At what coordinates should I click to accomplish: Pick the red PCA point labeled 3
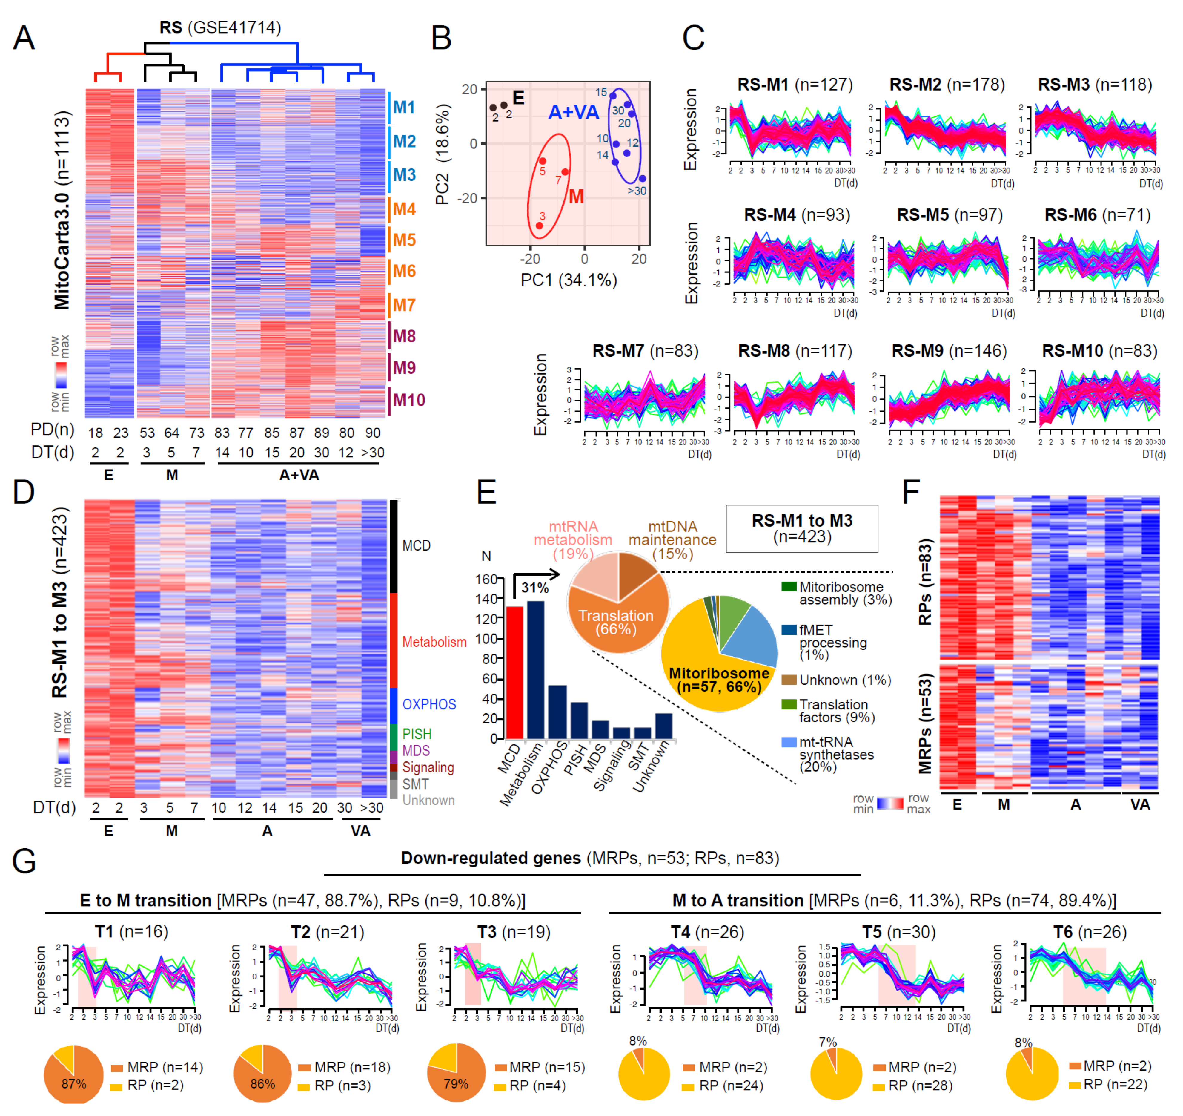coord(539,226)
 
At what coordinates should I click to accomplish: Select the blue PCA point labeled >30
coord(642,179)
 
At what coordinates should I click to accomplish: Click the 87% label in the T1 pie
coord(74,1083)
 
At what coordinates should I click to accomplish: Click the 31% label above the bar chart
coord(535,588)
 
